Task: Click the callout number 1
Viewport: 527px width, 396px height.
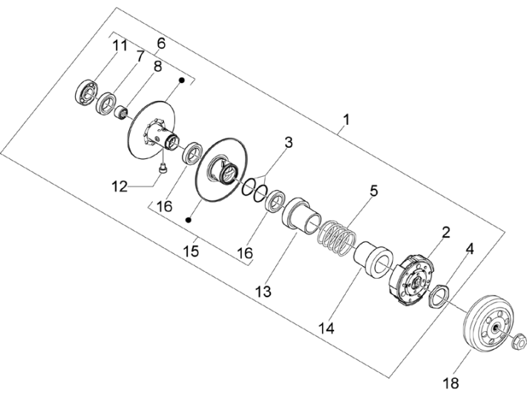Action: coord(345,119)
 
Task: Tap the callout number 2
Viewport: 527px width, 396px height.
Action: coord(445,232)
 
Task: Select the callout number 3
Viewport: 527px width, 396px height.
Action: coord(289,141)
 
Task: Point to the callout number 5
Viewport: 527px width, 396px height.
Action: coord(374,190)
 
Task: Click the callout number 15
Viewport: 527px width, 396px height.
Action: coord(191,251)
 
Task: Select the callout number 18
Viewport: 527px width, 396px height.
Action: coord(452,383)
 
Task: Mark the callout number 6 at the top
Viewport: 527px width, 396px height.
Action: coord(161,43)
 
